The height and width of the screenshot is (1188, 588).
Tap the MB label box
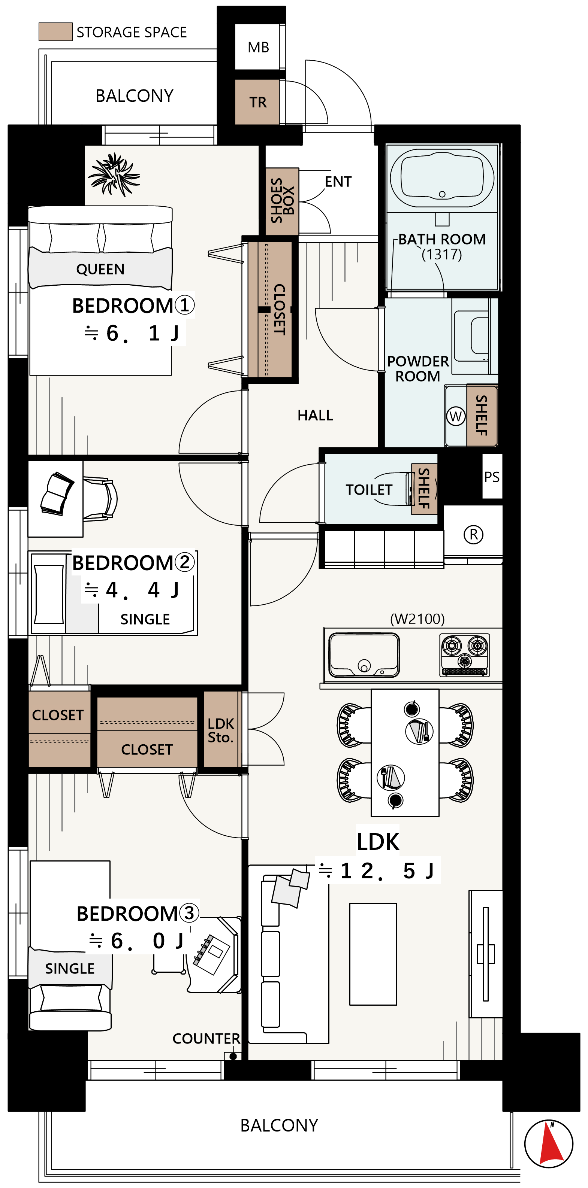point(258,47)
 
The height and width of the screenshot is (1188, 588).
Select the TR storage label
point(257,102)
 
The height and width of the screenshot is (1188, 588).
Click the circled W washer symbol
point(456,416)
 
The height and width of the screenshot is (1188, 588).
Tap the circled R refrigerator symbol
point(473,535)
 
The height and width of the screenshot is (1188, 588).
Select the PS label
point(492,477)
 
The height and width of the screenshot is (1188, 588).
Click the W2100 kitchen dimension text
point(417,619)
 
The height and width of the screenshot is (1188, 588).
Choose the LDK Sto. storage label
point(221,730)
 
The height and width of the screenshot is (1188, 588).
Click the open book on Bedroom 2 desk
point(57,493)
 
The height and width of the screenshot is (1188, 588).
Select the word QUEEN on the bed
point(100,269)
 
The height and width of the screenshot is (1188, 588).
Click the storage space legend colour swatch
point(55,32)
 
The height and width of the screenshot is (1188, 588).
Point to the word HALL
point(315,416)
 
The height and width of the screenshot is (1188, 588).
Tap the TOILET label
point(369,490)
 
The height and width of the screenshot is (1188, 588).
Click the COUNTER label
point(206,1039)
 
